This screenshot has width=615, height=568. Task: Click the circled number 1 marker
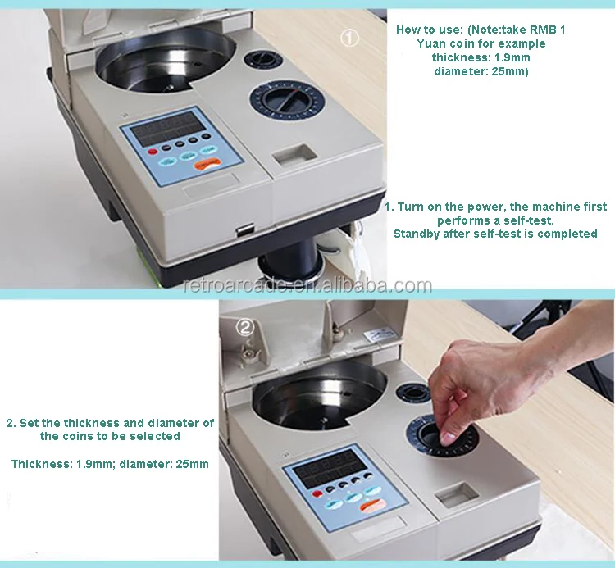click(349, 38)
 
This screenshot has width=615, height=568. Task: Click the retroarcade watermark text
click(307, 285)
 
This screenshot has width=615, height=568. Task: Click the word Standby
click(416, 234)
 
